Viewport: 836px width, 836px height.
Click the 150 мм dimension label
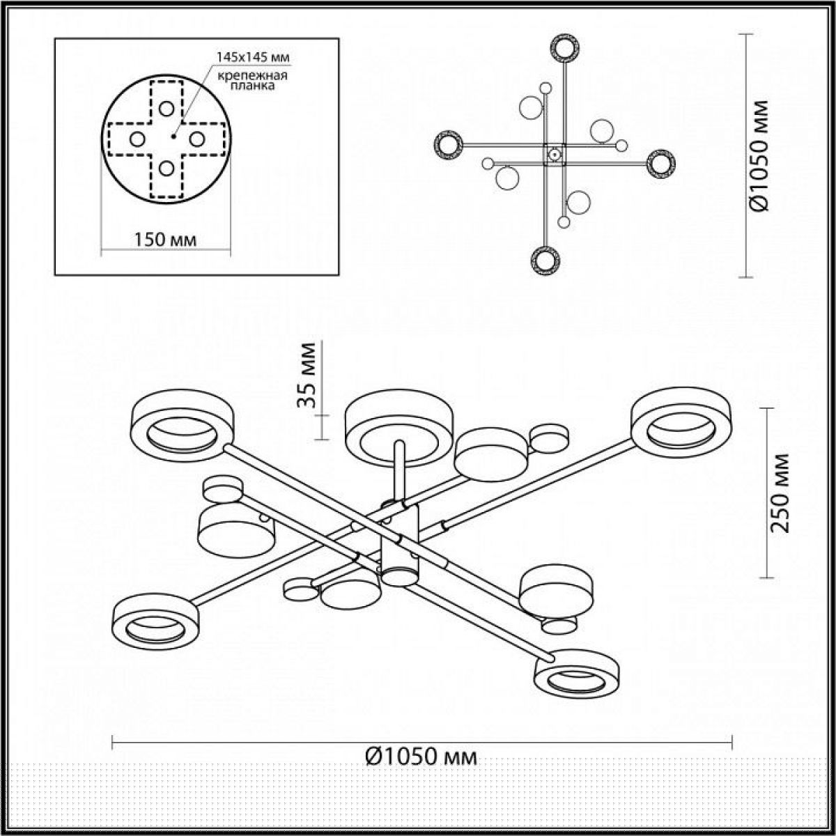tap(165, 239)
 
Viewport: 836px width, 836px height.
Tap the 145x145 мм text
tap(254, 57)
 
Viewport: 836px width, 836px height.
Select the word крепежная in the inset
tap(252, 75)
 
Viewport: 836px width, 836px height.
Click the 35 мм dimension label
tap(307, 375)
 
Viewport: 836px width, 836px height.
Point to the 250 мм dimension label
tap(782, 493)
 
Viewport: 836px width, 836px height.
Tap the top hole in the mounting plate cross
tap(167, 109)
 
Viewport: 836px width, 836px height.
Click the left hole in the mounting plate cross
tap(137, 139)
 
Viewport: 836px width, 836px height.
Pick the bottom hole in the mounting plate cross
tap(167, 168)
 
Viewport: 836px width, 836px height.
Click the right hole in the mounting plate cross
tap(197, 139)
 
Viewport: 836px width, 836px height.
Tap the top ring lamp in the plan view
tap(564, 49)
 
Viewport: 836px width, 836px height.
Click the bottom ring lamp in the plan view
tap(545, 261)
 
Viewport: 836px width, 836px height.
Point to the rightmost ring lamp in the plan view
tap(661, 164)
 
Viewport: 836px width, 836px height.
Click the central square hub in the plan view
tap(555, 154)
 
